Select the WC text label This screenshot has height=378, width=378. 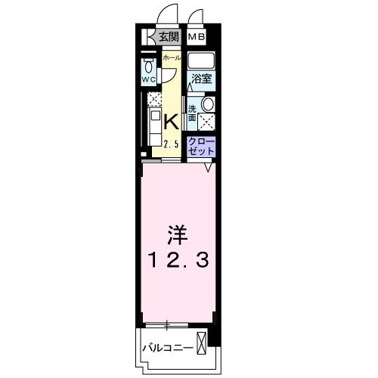pyautogui.click(x=148, y=78)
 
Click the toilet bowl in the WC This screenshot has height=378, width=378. pyautogui.click(x=148, y=65)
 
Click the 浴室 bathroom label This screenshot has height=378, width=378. pyautogui.click(x=200, y=79)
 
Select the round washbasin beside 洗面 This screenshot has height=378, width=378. pyautogui.click(x=209, y=105)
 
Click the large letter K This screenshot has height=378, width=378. pyautogui.click(x=171, y=121)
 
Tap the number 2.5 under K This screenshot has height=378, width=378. pyautogui.click(x=171, y=144)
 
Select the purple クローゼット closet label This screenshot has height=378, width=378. pyautogui.click(x=201, y=147)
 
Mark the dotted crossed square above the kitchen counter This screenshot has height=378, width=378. pyautogui.click(x=153, y=100)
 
